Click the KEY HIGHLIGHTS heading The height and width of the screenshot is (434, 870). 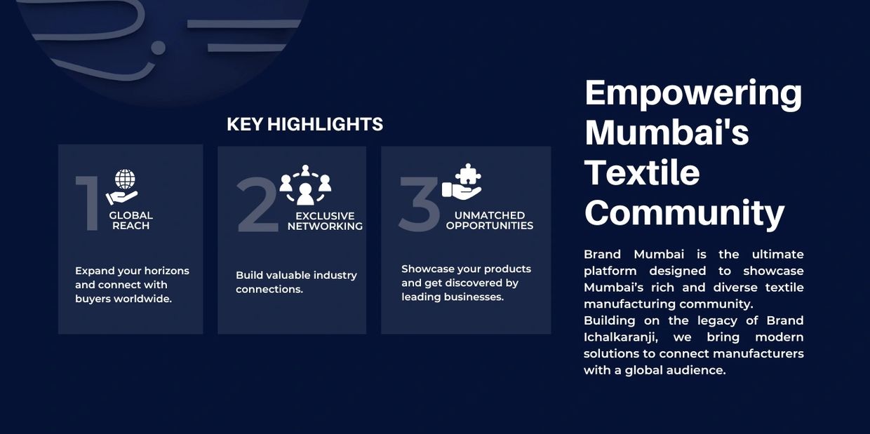305,124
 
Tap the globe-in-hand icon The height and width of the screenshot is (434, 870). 122,187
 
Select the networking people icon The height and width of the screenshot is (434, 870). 305,185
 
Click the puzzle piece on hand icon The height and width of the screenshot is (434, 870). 462,182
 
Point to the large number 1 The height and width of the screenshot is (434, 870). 88,203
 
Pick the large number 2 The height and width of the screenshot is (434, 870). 257,204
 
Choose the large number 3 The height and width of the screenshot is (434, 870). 419,204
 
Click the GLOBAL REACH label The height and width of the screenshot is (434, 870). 131,220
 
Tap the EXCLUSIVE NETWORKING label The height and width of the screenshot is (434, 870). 325,222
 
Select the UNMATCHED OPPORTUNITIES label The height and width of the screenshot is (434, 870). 490,220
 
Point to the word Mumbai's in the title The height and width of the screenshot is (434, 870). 667,133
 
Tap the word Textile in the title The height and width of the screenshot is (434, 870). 642,172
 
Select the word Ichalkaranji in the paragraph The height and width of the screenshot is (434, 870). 621,338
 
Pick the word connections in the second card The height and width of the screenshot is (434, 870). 269,290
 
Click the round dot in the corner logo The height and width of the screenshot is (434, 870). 158,48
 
